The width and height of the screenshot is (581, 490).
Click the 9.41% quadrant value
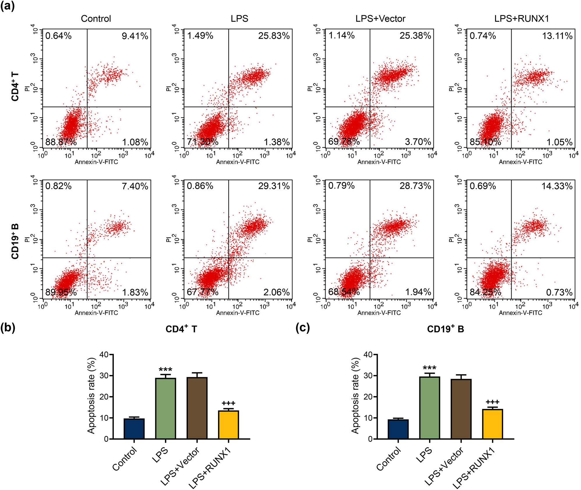pos(135,36)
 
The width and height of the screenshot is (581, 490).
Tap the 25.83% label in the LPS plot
pos(274,36)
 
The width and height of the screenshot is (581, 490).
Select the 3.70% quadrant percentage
pos(418,142)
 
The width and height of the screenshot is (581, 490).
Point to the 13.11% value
pos(557,36)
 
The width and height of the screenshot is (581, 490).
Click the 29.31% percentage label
pos(274,186)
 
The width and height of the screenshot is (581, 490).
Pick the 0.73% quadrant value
pos(559,292)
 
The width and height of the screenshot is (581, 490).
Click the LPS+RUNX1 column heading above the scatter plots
pos(522,19)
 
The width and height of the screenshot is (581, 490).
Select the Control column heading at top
pos(96,19)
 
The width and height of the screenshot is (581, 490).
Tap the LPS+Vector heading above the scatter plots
pos(380,19)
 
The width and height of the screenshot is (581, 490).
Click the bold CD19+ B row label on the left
pos(15,241)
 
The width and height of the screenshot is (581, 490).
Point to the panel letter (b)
pos(8,328)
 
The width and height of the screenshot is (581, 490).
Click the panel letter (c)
pos(303,328)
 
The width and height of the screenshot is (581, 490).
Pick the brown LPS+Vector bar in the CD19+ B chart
pos(461,409)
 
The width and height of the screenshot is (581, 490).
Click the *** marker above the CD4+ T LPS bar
pos(165,370)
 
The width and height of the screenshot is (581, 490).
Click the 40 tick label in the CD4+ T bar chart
pos(104,355)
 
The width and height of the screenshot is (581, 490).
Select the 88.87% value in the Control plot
pos(61,142)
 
